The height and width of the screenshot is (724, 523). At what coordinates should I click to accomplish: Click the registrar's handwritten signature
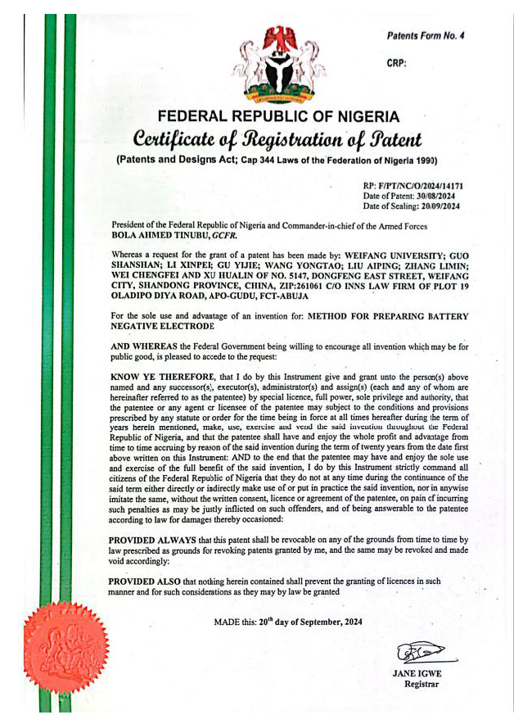coord(422,653)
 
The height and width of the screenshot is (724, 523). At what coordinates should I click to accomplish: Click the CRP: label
coord(396,63)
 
